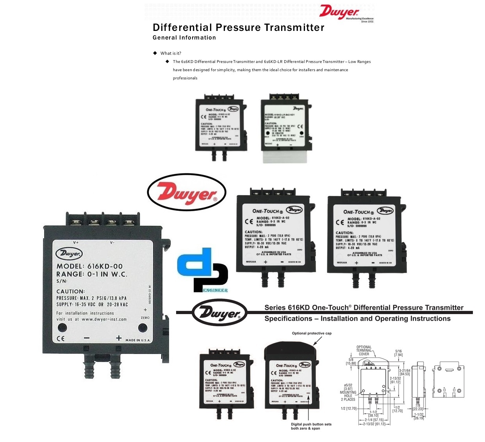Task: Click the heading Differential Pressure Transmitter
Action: [238, 27]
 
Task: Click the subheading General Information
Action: [184, 38]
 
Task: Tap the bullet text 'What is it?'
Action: [171, 53]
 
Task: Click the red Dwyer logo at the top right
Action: [339, 12]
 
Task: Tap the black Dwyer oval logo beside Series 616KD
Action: [220, 313]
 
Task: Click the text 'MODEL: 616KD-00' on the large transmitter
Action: [89, 266]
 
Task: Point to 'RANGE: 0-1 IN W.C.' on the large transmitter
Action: [92, 274]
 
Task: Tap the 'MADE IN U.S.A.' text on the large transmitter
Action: [137, 340]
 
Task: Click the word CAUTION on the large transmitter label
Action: [70, 291]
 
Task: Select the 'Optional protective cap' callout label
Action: [312, 333]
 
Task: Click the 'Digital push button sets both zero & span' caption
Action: [311, 426]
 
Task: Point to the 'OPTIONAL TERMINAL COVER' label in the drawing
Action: [364, 350]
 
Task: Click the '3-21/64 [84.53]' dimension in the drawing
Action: [405, 372]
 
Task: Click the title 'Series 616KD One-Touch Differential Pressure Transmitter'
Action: [364, 308]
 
